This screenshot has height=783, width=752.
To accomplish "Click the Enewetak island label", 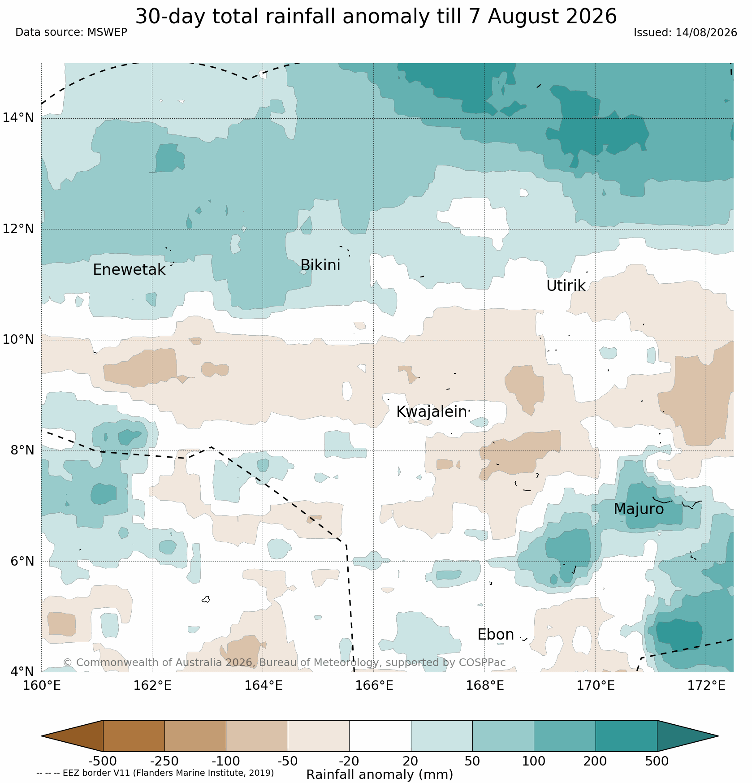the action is (x=129, y=270).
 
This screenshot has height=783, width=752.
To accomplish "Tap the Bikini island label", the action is (x=320, y=265).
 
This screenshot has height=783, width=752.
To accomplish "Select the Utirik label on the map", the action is (x=566, y=286).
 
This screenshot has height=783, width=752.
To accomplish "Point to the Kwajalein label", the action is (x=432, y=412).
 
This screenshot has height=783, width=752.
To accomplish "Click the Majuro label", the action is (x=639, y=509).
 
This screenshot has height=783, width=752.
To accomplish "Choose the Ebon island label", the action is (x=496, y=635).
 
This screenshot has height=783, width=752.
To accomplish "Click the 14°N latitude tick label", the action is (x=18, y=118).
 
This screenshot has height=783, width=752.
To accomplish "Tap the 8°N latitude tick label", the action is (x=22, y=450).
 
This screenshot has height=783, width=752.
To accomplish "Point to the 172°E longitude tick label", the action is (x=706, y=686).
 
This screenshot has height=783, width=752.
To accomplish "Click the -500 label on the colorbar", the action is (x=103, y=761).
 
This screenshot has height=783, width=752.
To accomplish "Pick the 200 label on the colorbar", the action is (x=596, y=761).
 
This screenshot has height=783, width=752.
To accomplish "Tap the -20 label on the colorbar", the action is (x=349, y=761).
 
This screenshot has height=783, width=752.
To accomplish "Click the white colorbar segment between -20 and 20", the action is (x=380, y=736).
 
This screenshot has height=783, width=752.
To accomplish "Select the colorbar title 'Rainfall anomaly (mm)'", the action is (x=380, y=774).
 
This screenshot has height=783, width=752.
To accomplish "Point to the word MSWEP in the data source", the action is (x=107, y=32).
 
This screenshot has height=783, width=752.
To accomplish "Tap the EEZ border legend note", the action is (x=155, y=773).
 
